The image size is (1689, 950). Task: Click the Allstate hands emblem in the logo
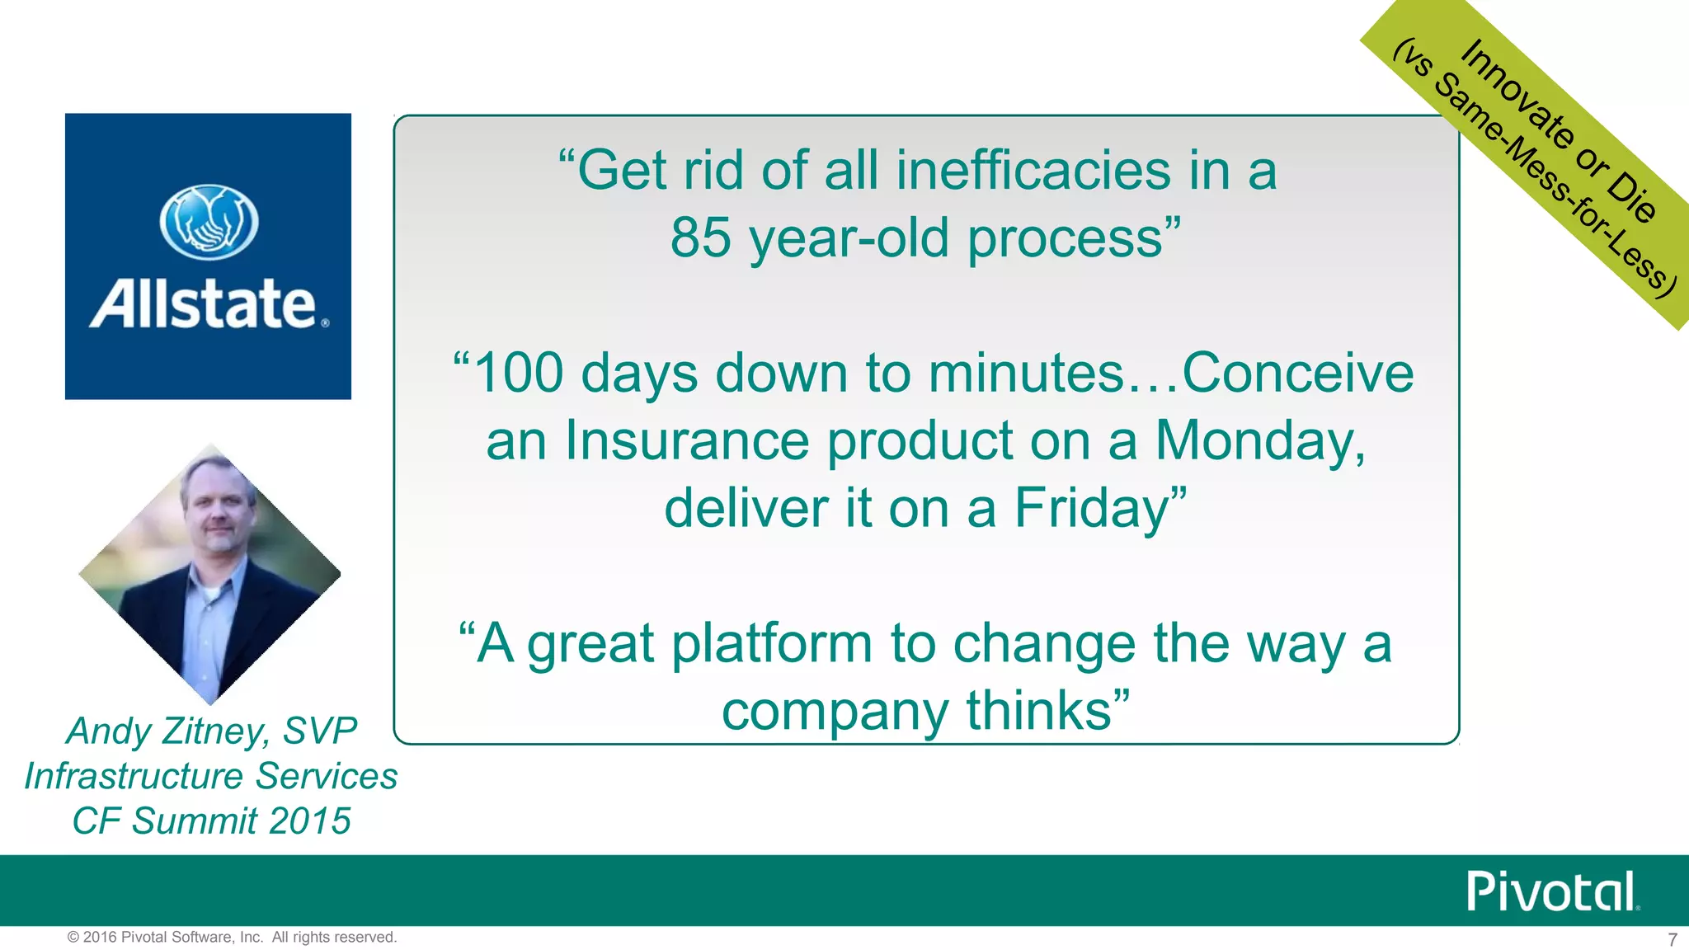point(209,223)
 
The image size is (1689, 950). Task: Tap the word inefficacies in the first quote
point(1033,171)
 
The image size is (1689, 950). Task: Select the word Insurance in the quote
point(687,441)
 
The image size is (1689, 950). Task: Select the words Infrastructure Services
point(211,777)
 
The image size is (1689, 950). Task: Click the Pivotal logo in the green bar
point(1551,891)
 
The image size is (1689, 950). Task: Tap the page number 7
point(1672,940)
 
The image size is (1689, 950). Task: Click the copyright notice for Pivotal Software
point(232,938)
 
